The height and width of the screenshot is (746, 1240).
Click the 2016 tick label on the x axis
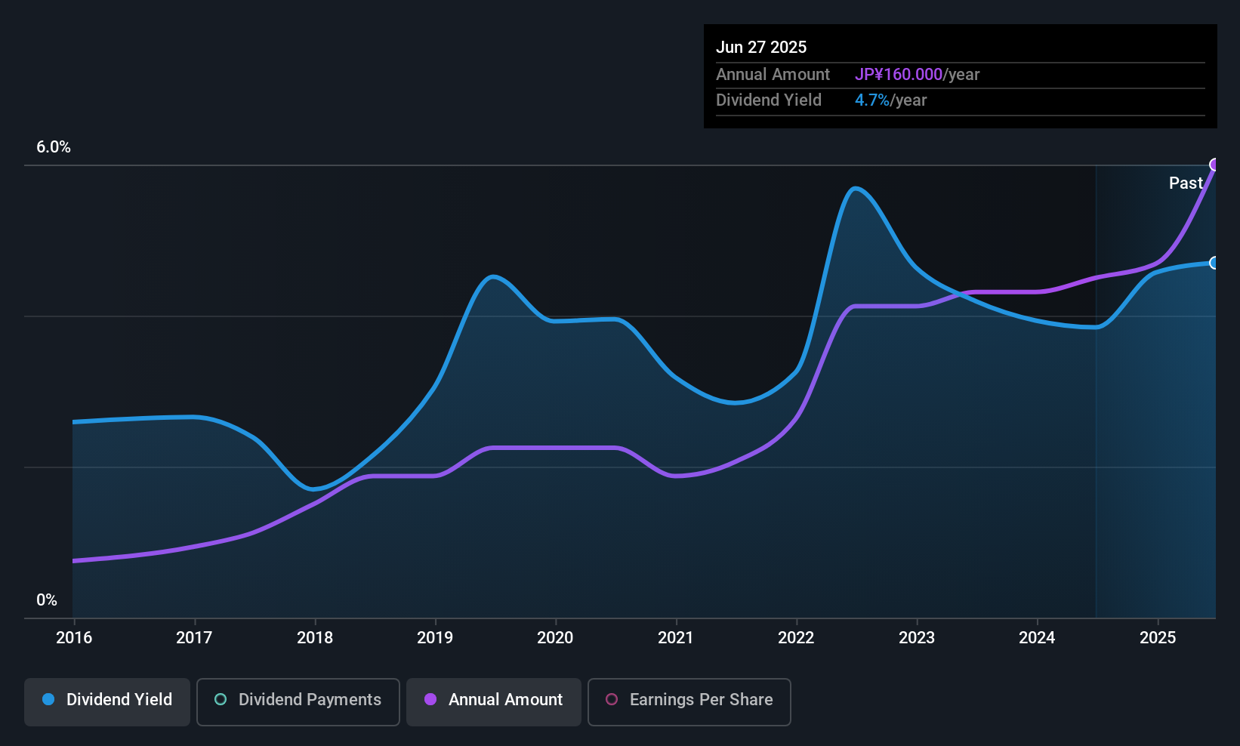(x=74, y=637)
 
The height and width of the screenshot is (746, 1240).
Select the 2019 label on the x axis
(x=435, y=637)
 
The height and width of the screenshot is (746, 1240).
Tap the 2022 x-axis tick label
(x=796, y=637)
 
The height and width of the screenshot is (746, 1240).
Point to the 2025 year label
(x=1157, y=637)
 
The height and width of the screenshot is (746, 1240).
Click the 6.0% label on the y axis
(x=54, y=147)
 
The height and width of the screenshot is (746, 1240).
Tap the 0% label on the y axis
(x=47, y=600)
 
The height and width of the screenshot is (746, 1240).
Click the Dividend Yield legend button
(x=107, y=700)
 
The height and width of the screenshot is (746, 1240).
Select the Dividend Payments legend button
(x=298, y=700)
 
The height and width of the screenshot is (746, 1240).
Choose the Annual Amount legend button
(x=494, y=700)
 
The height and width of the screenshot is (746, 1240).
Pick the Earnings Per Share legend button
(x=689, y=700)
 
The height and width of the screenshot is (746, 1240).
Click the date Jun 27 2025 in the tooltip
(x=761, y=47)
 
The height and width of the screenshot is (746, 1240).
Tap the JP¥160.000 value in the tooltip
(x=899, y=75)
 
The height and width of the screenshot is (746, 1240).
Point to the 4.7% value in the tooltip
(x=872, y=100)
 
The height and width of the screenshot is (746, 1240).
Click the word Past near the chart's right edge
(x=1186, y=183)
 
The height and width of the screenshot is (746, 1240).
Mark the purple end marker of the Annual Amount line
(x=1214, y=165)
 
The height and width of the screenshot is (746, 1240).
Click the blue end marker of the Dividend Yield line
(x=1214, y=263)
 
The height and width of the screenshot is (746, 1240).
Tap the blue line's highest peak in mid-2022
(x=855, y=188)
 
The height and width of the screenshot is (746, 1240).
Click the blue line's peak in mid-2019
(x=493, y=276)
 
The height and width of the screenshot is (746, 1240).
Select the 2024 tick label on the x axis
(x=1037, y=637)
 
